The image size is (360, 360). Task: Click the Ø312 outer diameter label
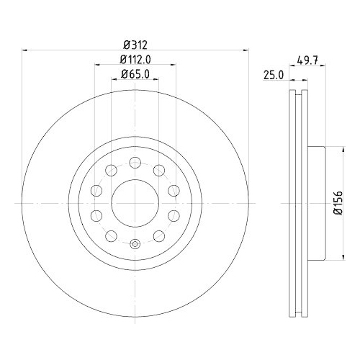(x=135, y=45)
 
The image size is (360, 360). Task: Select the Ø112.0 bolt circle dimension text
(x=135, y=60)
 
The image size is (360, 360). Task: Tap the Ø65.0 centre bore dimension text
(x=135, y=74)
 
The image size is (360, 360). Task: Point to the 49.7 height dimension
(x=307, y=60)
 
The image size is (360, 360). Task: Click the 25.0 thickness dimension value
(x=274, y=75)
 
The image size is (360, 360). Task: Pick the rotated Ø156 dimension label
(x=338, y=203)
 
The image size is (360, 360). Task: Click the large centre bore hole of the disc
(x=135, y=203)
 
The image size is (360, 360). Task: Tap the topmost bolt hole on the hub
(x=135, y=163)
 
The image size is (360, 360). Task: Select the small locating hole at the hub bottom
(x=135, y=244)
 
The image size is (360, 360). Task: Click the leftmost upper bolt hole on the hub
(x=96, y=191)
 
